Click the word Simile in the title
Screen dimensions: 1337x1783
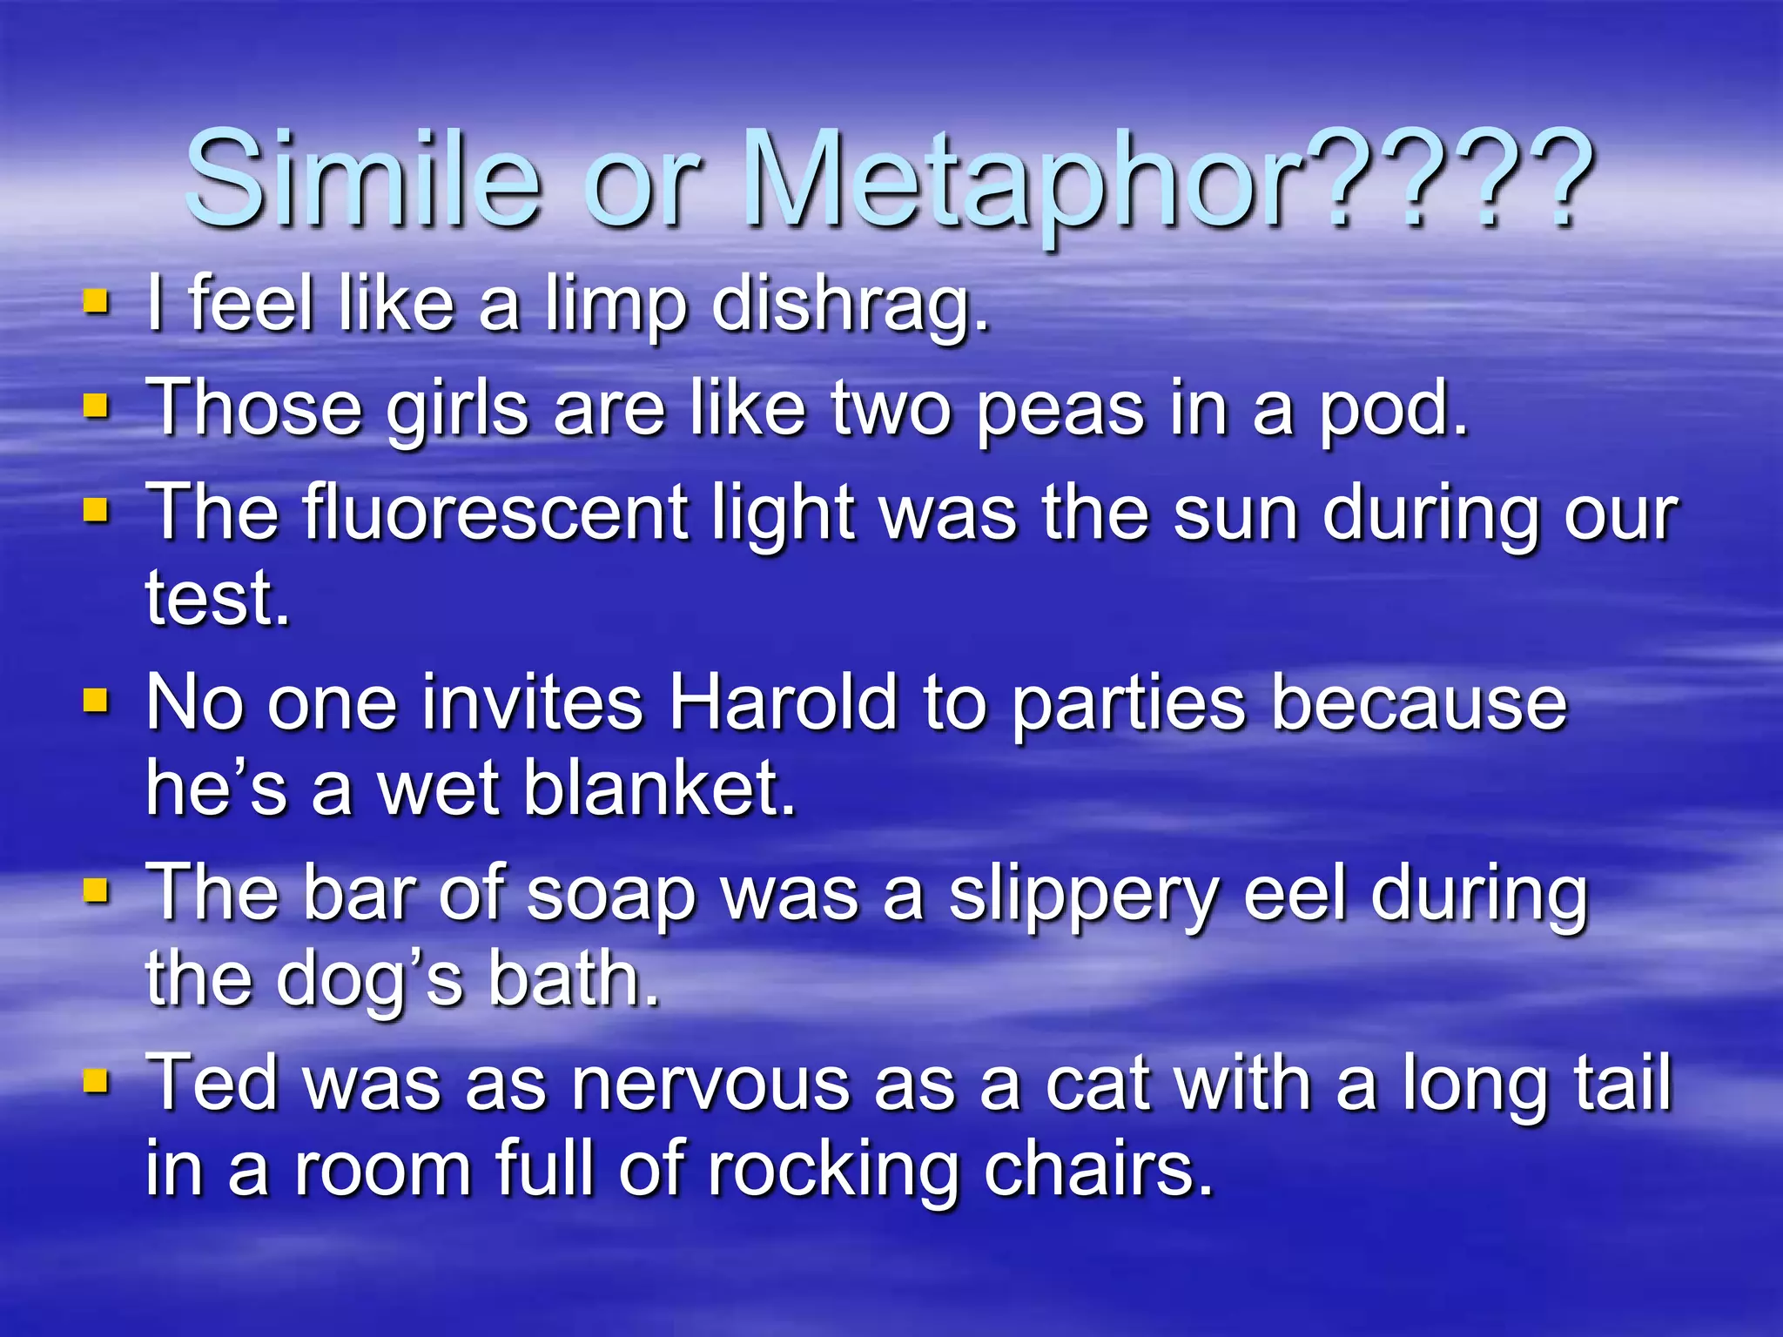coord(361,180)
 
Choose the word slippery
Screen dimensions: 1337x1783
coord(1084,897)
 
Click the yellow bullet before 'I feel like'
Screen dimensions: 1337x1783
coord(96,302)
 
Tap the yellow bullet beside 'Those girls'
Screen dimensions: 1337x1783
coord(96,406)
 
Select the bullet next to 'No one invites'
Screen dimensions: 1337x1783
coord(96,700)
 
